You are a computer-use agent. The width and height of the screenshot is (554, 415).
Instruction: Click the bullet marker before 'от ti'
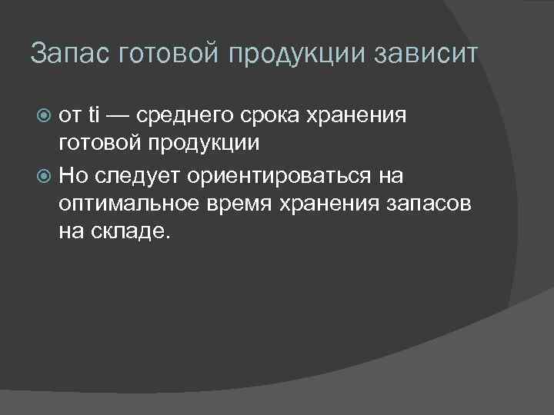point(45,116)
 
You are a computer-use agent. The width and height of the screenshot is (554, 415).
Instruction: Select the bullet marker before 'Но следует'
point(45,176)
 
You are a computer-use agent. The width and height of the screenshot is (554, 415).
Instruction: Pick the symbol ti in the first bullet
point(95,116)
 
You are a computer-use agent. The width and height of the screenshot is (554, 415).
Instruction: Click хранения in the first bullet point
point(359,116)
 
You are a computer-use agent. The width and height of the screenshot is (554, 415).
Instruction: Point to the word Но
point(74,176)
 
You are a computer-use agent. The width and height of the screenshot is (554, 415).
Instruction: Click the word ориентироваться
point(271,176)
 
